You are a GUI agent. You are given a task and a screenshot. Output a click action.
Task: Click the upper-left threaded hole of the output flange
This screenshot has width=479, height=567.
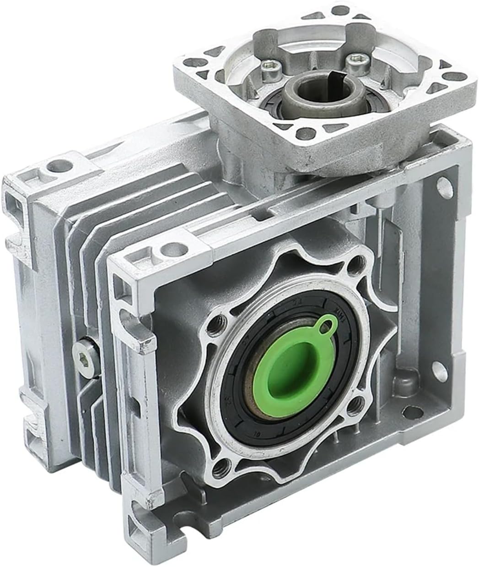click(215, 328)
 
